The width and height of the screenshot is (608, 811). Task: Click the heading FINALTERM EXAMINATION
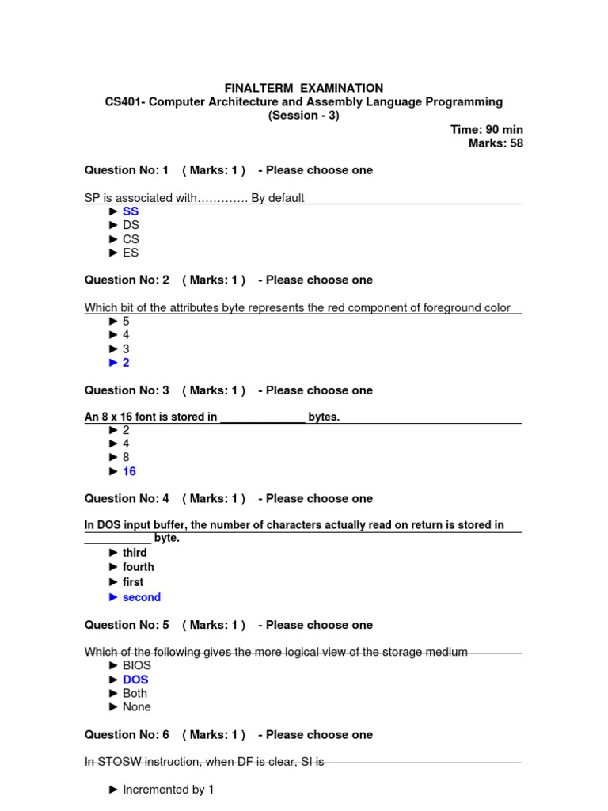pos(304,88)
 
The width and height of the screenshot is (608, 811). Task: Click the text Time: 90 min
pos(486,129)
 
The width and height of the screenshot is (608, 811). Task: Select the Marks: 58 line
pos(496,143)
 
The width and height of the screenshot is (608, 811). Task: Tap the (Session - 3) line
pos(304,116)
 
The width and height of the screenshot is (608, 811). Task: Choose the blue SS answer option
pos(131,211)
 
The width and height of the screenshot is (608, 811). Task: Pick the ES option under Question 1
pos(131,253)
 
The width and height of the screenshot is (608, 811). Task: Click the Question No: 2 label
pos(127,280)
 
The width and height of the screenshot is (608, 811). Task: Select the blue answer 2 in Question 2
pos(126,363)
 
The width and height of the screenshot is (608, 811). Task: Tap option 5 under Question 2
pos(126,322)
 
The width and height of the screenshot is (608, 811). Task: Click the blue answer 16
pos(129,471)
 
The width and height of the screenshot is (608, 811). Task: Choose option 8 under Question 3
pos(126,457)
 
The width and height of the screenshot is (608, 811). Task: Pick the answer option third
pos(135,553)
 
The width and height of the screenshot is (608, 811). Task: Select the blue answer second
pos(142,597)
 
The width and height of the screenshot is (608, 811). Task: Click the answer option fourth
pos(139,567)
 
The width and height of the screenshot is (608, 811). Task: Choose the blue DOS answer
pos(135,680)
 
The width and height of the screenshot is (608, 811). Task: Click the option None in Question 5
pos(137,706)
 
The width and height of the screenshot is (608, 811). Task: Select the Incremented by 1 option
pos(168,789)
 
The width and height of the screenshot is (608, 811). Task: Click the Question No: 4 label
pos(127,498)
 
